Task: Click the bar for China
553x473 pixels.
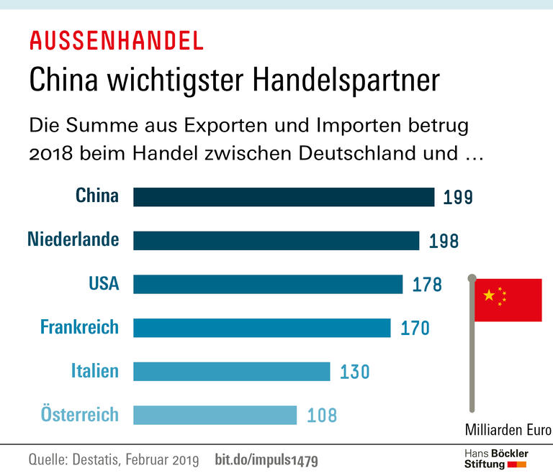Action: [x=284, y=197]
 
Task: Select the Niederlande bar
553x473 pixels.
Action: [x=276, y=241]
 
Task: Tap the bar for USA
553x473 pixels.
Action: [x=268, y=284]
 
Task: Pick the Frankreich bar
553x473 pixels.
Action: [x=261, y=328]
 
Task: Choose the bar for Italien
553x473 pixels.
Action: [x=231, y=372]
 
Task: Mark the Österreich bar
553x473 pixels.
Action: [x=215, y=415]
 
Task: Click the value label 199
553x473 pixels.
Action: [x=458, y=198]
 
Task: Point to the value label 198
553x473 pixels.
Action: [x=444, y=242]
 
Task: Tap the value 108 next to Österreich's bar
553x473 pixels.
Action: [x=321, y=415]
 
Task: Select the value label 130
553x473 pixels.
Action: [x=354, y=372]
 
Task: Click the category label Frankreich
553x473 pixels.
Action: [x=79, y=328]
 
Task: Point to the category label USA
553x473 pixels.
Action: [x=104, y=284]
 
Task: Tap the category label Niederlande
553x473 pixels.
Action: [x=73, y=240]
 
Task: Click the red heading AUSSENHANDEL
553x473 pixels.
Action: [x=116, y=41]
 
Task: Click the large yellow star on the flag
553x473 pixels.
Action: [x=490, y=295]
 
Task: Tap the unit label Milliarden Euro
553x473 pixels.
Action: [x=508, y=431]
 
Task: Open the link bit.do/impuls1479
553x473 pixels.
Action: [x=266, y=459]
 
